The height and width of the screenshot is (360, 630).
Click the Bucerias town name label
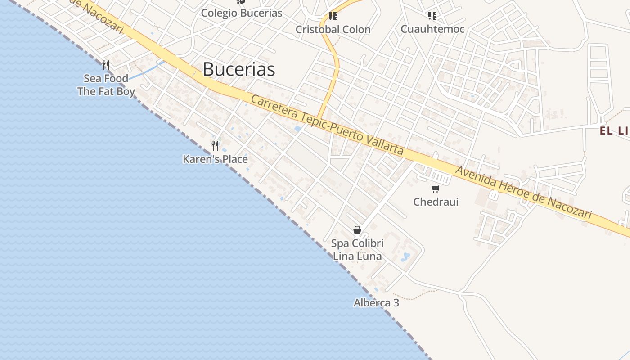click(x=238, y=69)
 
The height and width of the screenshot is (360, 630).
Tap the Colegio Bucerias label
click(x=241, y=13)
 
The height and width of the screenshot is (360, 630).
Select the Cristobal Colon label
click(x=333, y=30)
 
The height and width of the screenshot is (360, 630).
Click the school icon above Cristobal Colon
click(x=333, y=17)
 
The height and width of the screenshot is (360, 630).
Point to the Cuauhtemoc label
click(x=432, y=29)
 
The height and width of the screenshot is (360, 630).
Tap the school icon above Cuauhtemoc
click(x=432, y=16)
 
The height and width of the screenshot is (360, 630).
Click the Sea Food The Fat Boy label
click(x=106, y=85)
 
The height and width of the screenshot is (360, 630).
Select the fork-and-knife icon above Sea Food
click(x=106, y=65)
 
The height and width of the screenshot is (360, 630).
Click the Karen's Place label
click(x=215, y=159)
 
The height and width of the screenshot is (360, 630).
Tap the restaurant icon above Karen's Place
click(x=215, y=146)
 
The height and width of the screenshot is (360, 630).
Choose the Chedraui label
click(x=436, y=202)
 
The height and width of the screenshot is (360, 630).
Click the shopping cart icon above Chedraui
click(x=435, y=189)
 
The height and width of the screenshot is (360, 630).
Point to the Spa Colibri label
click(x=357, y=243)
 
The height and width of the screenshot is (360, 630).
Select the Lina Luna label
click(x=357, y=256)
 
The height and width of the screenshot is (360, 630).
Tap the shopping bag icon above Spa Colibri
click(x=357, y=230)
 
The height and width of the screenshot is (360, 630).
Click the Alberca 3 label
click(x=376, y=303)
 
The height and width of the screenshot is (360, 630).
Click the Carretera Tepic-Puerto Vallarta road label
click(x=327, y=125)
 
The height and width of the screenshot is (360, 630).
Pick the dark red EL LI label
click(x=615, y=131)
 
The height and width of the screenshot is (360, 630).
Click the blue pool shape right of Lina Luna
click(x=406, y=257)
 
